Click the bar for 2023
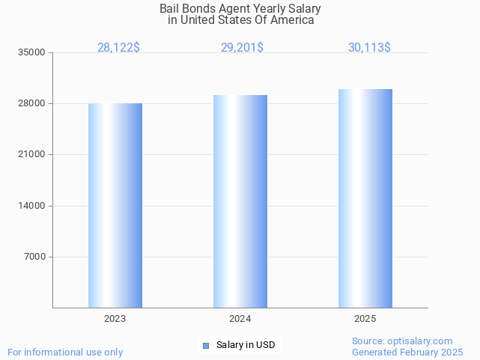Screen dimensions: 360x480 point(115,206)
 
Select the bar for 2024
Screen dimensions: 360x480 point(240,201)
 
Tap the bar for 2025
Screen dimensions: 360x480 point(365,198)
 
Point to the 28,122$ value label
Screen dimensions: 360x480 point(118,48)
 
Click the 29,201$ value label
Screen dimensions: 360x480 point(242,48)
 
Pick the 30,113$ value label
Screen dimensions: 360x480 point(369,48)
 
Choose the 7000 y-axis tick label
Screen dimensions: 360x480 point(36,257)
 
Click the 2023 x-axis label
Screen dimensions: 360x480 point(115,319)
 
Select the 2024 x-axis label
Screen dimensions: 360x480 point(240,319)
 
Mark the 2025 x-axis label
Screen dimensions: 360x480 point(365,319)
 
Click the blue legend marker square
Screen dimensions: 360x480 point(206,345)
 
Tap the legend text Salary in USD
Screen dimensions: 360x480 point(246,345)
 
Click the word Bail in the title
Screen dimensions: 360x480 point(169,9)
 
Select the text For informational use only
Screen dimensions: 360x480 point(65,352)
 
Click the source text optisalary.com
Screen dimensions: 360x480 point(424,341)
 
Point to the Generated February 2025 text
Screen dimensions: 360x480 point(407,352)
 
